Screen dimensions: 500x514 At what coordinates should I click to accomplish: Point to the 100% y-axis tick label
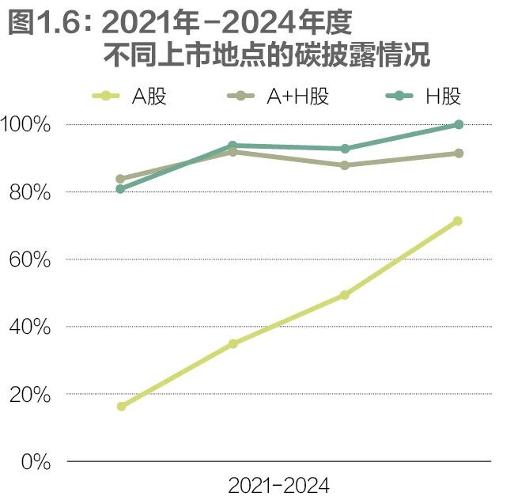pyautogui.click(x=26, y=125)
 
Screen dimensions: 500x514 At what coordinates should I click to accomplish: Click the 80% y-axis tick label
pyautogui.click(x=31, y=192)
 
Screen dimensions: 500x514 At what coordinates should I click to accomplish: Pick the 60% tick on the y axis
pyautogui.click(x=31, y=259)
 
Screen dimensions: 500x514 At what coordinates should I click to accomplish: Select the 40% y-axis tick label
pyautogui.click(x=31, y=327)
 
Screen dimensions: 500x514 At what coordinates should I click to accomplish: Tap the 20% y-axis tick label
pyautogui.click(x=31, y=394)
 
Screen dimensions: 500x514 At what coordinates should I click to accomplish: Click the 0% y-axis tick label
pyautogui.click(x=36, y=461)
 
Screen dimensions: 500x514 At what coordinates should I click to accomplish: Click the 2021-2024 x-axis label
pyautogui.click(x=278, y=484)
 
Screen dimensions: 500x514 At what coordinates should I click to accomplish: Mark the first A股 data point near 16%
pyautogui.click(x=121, y=407)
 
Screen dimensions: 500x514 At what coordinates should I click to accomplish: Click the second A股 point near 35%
pyautogui.click(x=232, y=343)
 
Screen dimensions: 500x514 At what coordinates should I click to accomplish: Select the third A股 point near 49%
pyautogui.click(x=345, y=295)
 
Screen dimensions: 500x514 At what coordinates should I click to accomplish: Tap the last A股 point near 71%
pyautogui.click(x=457, y=221)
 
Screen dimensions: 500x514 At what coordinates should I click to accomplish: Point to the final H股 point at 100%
pyautogui.click(x=458, y=124)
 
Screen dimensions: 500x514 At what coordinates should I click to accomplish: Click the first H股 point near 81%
pyautogui.click(x=120, y=189)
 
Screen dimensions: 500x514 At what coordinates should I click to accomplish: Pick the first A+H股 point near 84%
pyautogui.click(x=120, y=179)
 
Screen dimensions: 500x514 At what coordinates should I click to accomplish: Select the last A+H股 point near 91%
pyautogui.click(x=458, y=153)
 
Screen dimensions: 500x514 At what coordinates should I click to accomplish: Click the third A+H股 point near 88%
pyautogui.click(x=345, y=165)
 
